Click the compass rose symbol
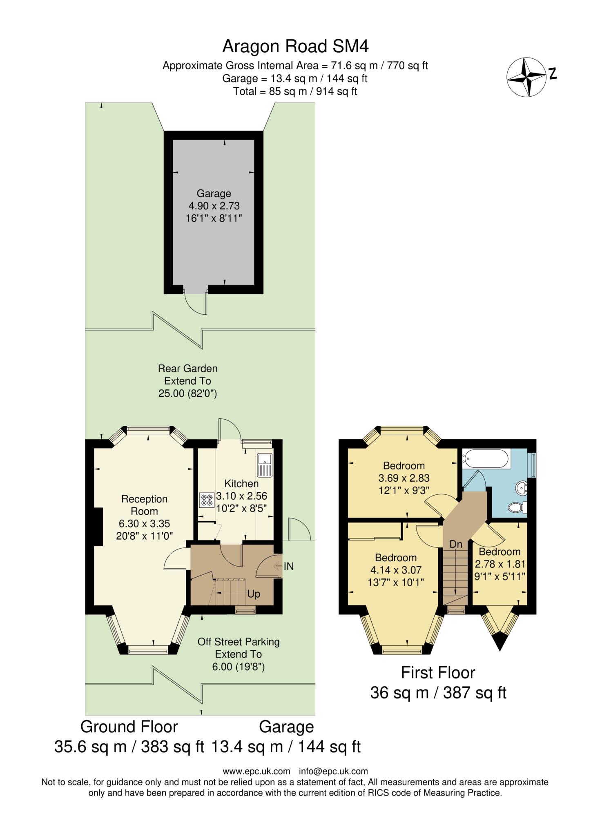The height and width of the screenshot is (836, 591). point(526,77)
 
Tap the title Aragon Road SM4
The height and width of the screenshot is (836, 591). point(295,47)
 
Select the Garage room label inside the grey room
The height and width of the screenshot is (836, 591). point(214,193)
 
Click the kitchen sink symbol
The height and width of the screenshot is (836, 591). point(265,465)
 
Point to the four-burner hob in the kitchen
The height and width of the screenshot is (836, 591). point(207,500)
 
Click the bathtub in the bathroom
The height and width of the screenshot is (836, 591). point(486,458)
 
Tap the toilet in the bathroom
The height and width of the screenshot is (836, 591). point(517,507)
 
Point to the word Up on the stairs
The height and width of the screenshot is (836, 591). point(254,594)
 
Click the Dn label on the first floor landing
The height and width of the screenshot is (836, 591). point(456,544)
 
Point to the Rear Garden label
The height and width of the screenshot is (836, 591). point(187,369)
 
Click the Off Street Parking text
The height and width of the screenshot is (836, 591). point(239,642)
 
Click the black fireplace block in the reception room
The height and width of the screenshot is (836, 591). point(98,527)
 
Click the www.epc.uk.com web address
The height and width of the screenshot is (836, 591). point(256,771)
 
